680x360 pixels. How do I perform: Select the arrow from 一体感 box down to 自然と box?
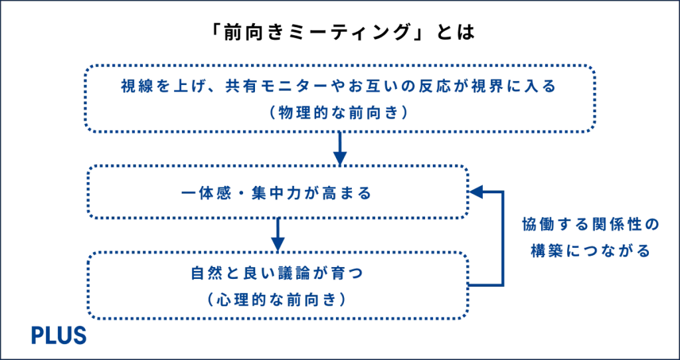(279, 235)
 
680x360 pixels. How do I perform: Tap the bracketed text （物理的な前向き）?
(340, 113)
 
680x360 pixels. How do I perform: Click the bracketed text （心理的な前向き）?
(274, 300)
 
